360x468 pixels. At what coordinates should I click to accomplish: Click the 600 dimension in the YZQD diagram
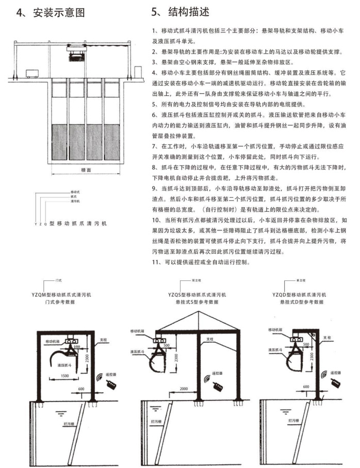(x=306, y=386)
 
